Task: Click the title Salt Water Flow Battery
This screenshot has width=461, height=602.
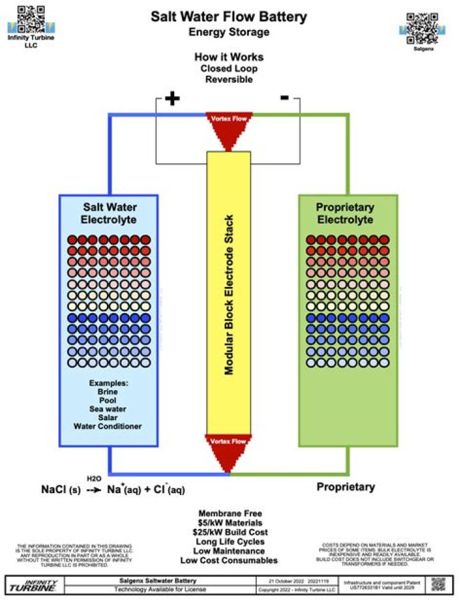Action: [229, 17]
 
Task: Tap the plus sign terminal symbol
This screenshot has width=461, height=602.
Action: [172, 99]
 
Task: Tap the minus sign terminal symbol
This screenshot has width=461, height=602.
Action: [284, 97]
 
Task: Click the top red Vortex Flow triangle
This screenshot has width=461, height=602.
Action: [229, 129]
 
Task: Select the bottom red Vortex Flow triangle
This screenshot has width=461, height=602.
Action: [229, 452]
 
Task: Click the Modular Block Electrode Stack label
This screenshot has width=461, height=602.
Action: [229, 294]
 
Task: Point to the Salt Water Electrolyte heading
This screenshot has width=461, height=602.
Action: [108, 214]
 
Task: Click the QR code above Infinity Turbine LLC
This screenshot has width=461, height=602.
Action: [31, 18]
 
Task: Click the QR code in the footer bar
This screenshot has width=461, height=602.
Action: [438, 584]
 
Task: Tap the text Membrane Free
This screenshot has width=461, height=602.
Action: [229, 514]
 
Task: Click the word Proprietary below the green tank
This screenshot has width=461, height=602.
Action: [346, 487]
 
